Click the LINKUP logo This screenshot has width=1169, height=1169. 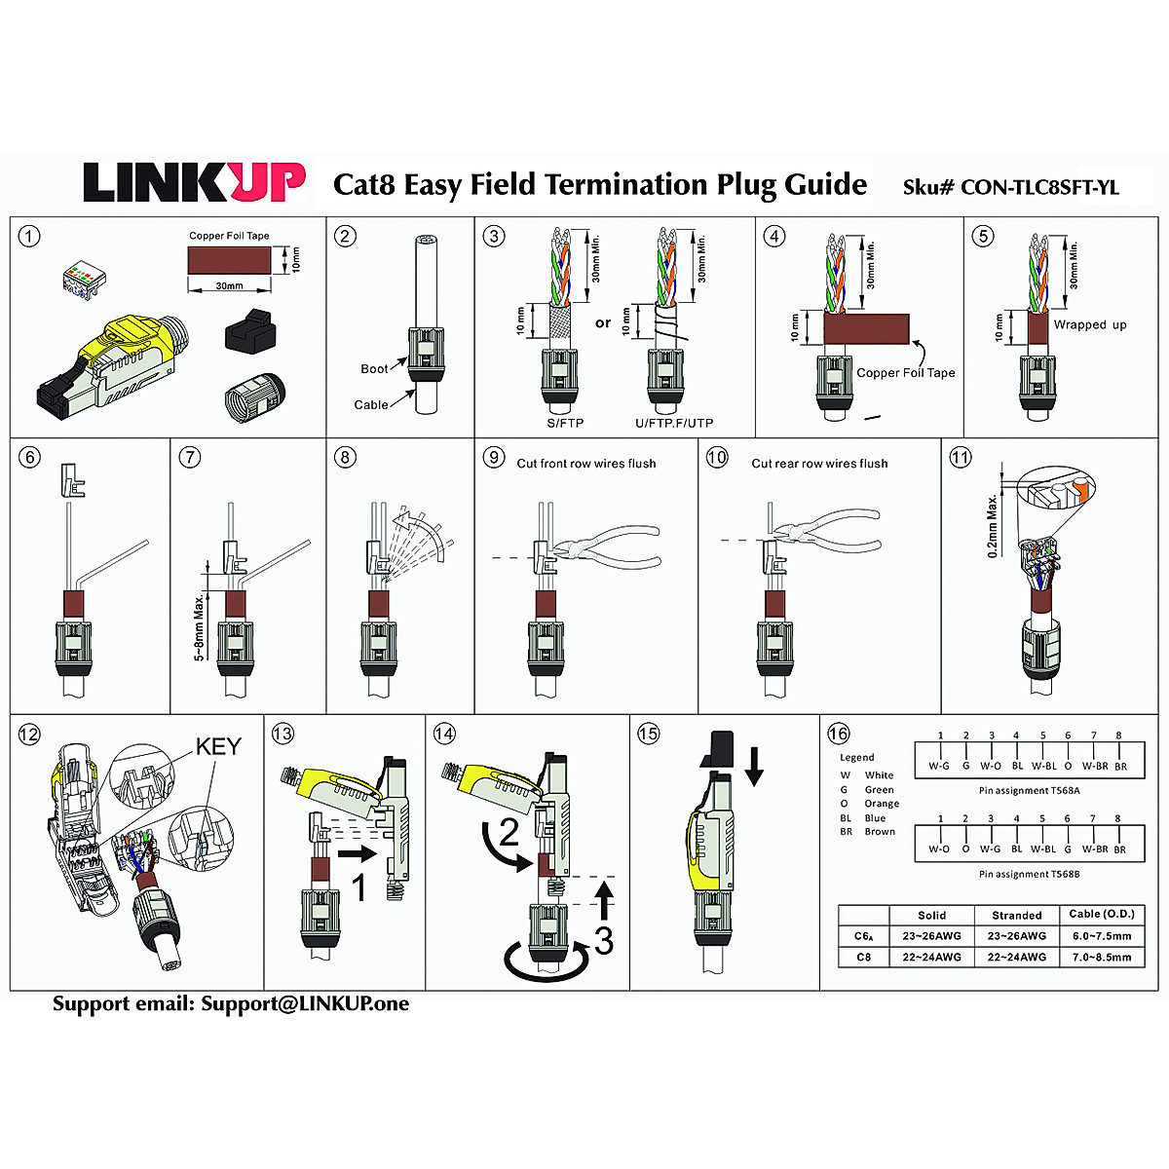tap(194, 182)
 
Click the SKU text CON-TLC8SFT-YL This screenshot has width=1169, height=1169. tap(1038, 188)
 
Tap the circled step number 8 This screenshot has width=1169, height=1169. tap(345, 457)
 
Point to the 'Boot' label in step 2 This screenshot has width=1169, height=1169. tap(374, 369)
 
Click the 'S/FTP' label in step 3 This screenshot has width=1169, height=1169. tap(565, 423)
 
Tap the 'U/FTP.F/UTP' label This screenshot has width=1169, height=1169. tap(674, 423)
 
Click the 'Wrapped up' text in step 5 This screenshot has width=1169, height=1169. tap(1090, 325)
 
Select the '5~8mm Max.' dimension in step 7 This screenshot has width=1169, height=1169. tap(200, 623)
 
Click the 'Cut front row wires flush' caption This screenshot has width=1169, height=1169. tap(586, 464)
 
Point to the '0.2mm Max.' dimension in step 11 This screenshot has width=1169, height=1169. tap(993, 526)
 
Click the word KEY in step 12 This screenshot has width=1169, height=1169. tap(218, 747)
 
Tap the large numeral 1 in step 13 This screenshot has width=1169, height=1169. tap(358, 887)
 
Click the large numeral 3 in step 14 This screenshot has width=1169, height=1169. tap(604, 941)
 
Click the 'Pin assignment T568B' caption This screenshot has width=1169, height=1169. tap(1030, 874)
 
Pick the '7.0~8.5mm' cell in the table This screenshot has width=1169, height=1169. tap(1102, 958)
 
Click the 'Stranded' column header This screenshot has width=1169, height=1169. tap(1017, 916)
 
